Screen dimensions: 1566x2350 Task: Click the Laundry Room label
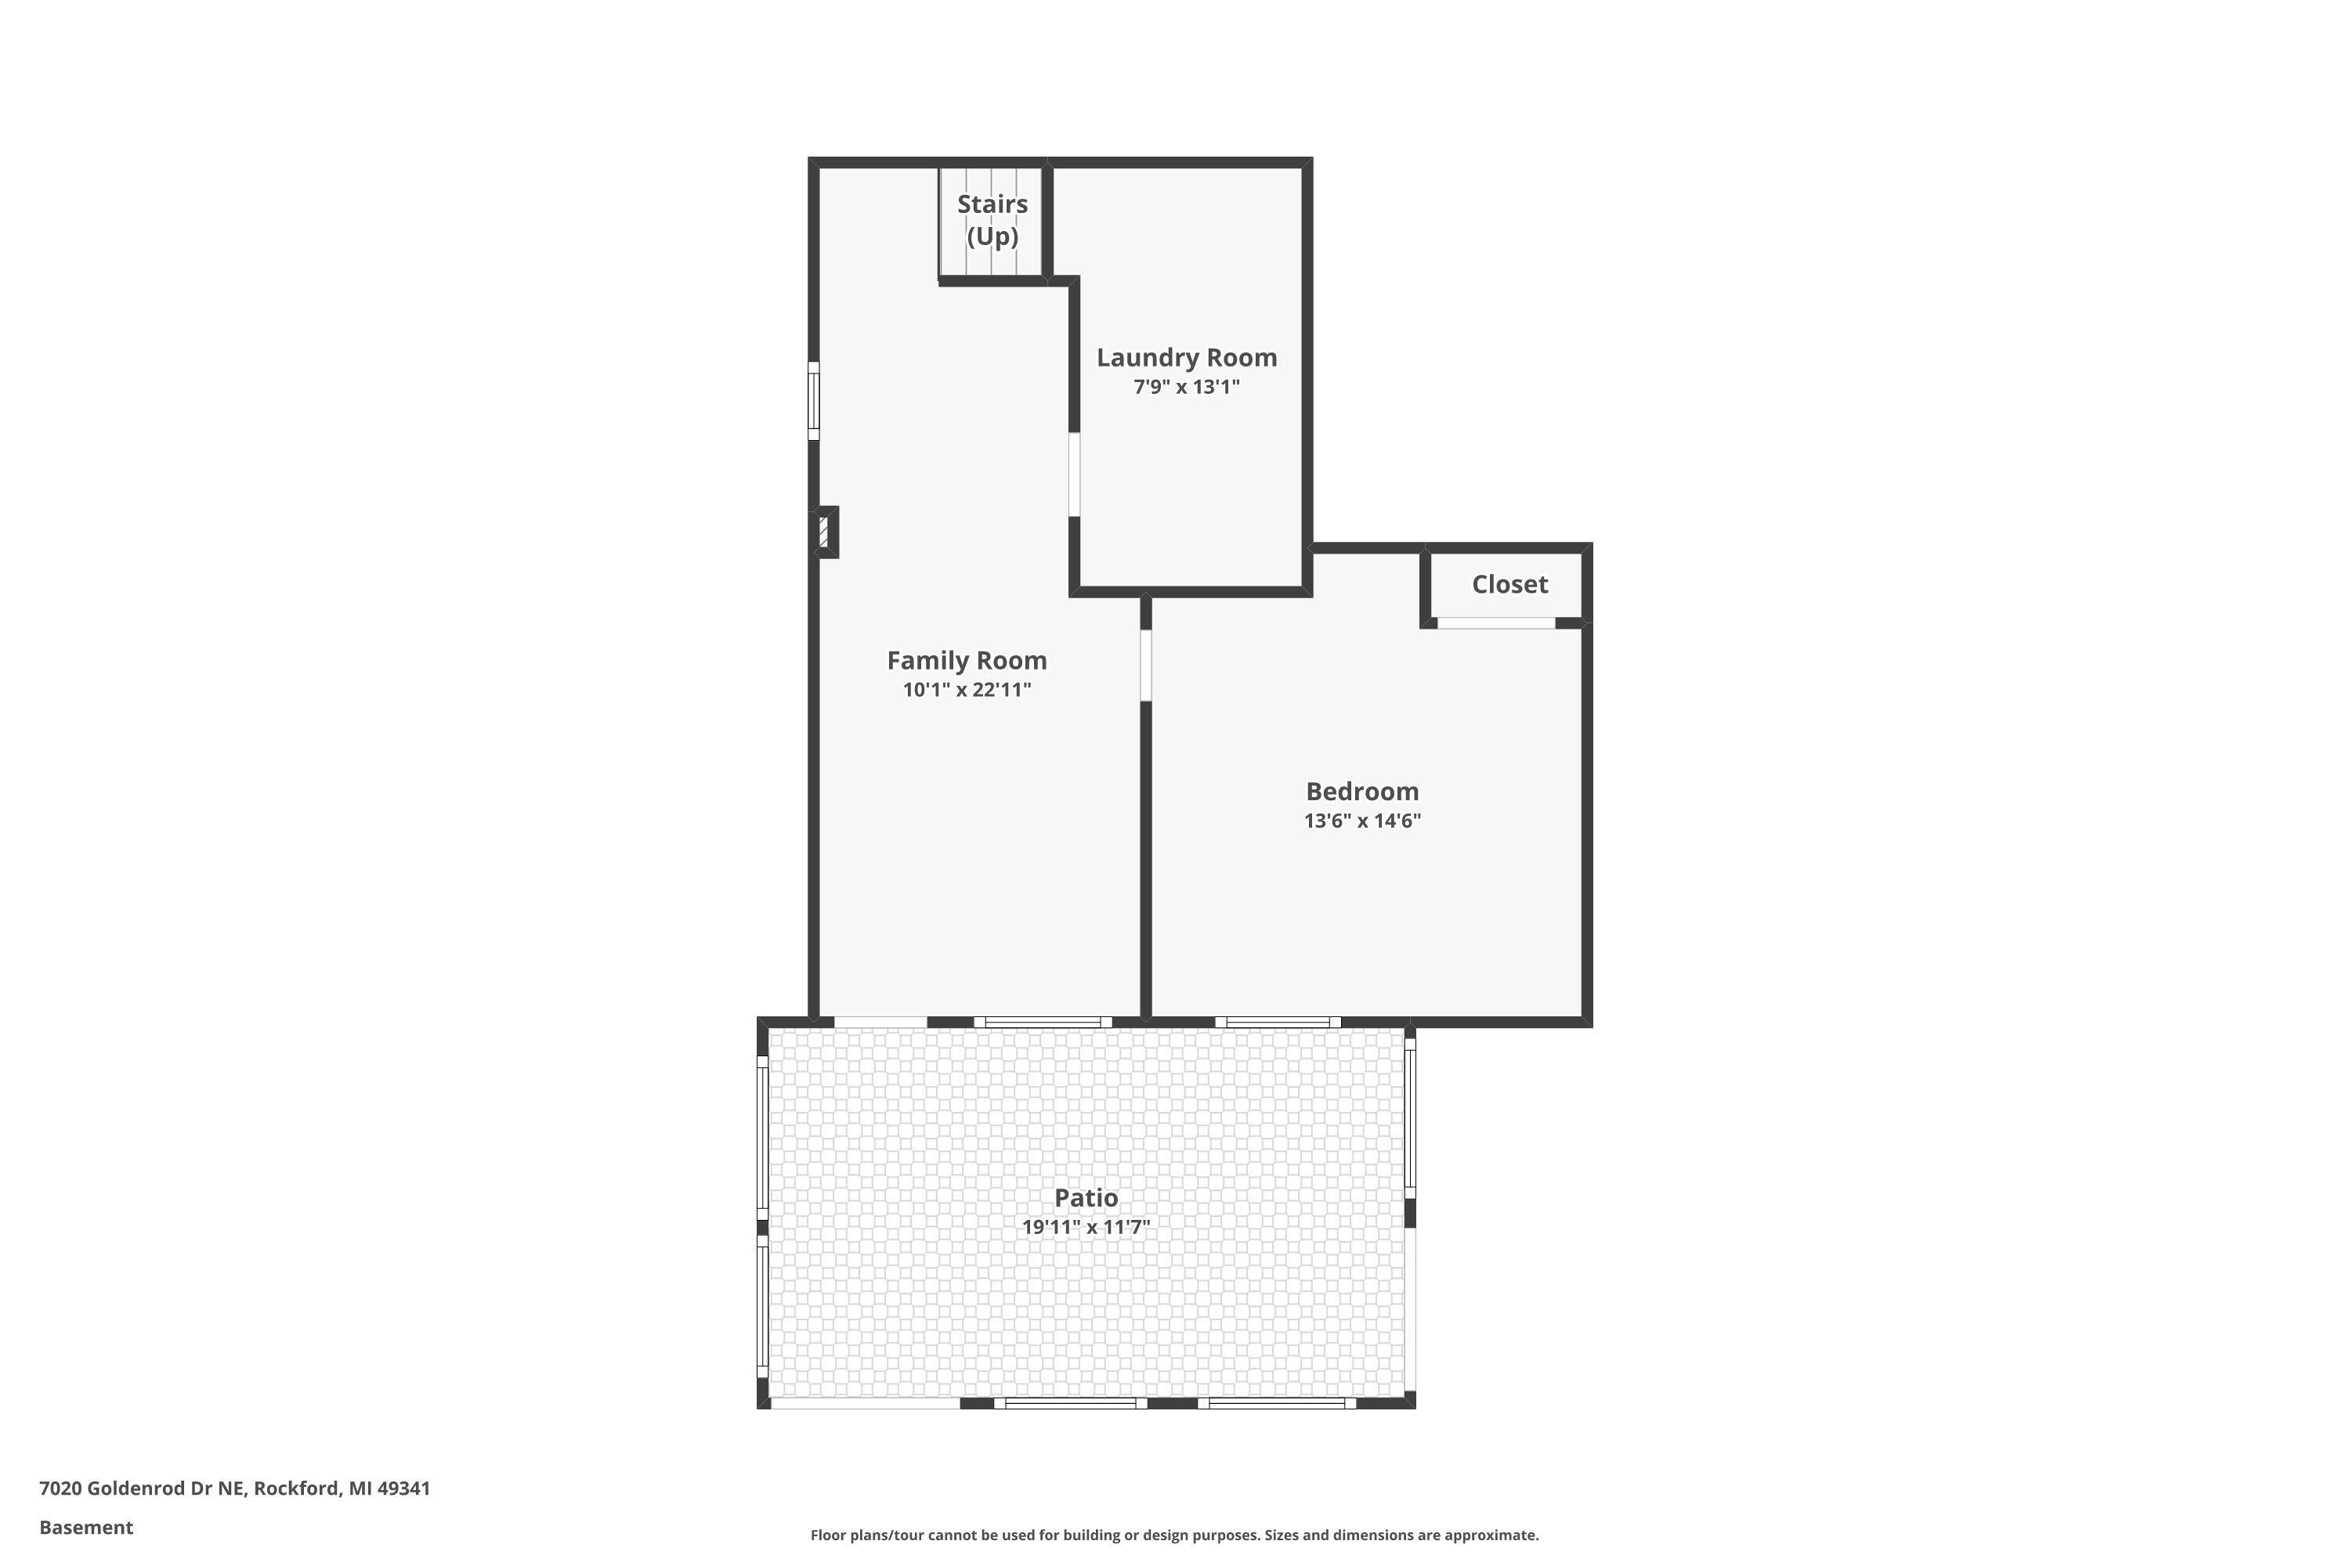1186,358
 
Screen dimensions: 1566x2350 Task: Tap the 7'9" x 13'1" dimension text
1186,388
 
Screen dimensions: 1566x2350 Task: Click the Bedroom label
1362,791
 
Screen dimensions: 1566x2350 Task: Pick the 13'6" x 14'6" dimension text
1362,821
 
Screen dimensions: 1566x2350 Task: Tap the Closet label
1509,584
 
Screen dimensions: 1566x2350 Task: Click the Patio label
1086,1197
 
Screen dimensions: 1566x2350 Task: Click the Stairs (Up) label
992,220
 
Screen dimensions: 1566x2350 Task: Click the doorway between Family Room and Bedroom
1146,664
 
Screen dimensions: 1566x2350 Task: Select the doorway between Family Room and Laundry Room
1074,474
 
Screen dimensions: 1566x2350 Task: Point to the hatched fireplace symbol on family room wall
824,532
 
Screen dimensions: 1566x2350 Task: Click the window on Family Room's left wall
813,400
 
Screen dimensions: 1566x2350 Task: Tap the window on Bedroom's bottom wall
1278,1022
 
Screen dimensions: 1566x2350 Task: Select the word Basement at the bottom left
86,1527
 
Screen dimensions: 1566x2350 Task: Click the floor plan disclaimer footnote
1174,1535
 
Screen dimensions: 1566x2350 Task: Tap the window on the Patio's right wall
1410,1119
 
